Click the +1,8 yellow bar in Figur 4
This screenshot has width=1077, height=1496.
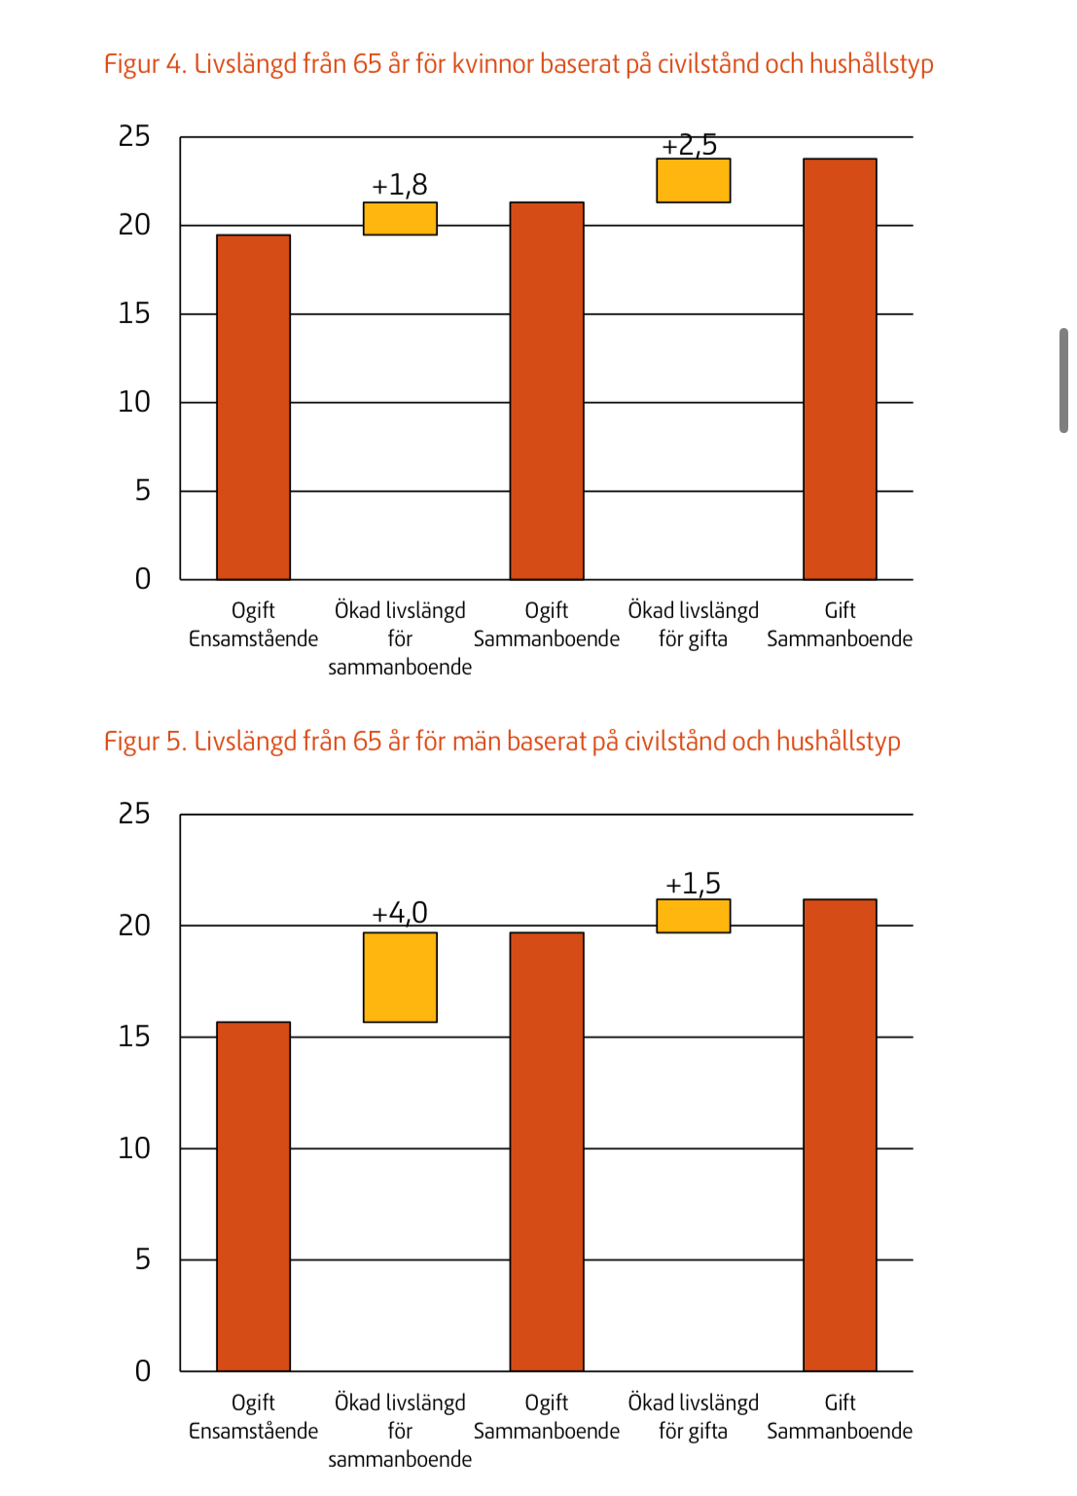[400, 219]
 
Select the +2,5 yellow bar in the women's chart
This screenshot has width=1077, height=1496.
[693, 181]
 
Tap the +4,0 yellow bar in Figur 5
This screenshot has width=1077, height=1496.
[400, 977]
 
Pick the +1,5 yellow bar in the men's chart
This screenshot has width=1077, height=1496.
[693, 916]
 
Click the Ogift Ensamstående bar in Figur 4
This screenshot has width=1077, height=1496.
[253, 408]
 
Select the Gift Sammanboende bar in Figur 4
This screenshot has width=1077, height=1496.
[840, 370]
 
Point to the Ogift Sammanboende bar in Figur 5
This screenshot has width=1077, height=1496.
[547, 1152]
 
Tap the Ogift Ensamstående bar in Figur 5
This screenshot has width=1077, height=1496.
[253, 1197]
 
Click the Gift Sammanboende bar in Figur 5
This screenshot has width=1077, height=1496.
[840, 1136]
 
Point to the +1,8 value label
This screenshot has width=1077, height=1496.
[400, 185]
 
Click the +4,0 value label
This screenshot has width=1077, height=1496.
[400, 913]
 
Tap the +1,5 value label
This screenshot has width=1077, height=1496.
[693, 884]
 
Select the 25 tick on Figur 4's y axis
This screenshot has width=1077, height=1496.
[134, 136]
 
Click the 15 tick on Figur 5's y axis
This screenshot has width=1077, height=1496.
[134, 1037]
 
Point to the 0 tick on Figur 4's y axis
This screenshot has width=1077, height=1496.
[143, 579]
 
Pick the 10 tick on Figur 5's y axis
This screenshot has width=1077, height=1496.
[134, 1149]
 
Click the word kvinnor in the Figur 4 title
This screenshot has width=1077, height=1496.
[493, 64]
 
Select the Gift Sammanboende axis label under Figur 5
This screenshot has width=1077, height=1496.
[840, 1416]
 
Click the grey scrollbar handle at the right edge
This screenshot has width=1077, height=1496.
[1064, 381]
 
